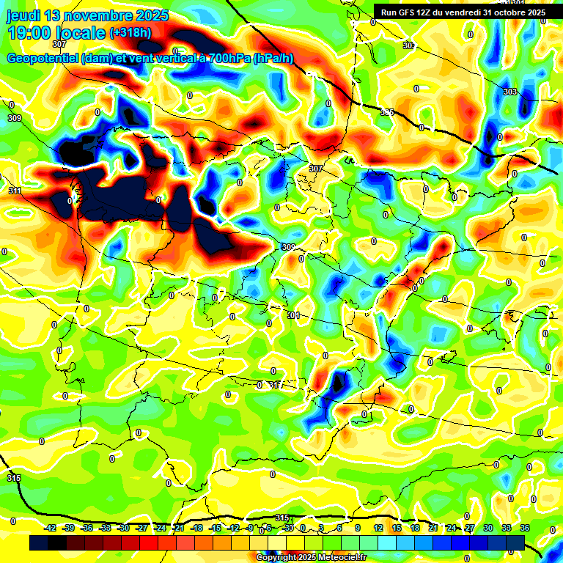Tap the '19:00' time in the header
click(x=30, y=32)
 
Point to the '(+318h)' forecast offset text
click(x=130, y=33)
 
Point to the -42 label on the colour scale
click(x=51, y=528)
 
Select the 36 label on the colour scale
click(x=524, y=528)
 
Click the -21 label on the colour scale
click(x=179, y=528)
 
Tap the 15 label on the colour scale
click(x=397, y=528)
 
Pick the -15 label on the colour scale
click(x=216, y=528)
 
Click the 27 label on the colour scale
click(x=470, y=528)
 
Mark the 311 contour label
click(x=15, y=191)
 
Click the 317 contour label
click(x=275, y=385)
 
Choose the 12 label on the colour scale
click(x=378, y=528)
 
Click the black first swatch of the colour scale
click(x=39, y=542)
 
